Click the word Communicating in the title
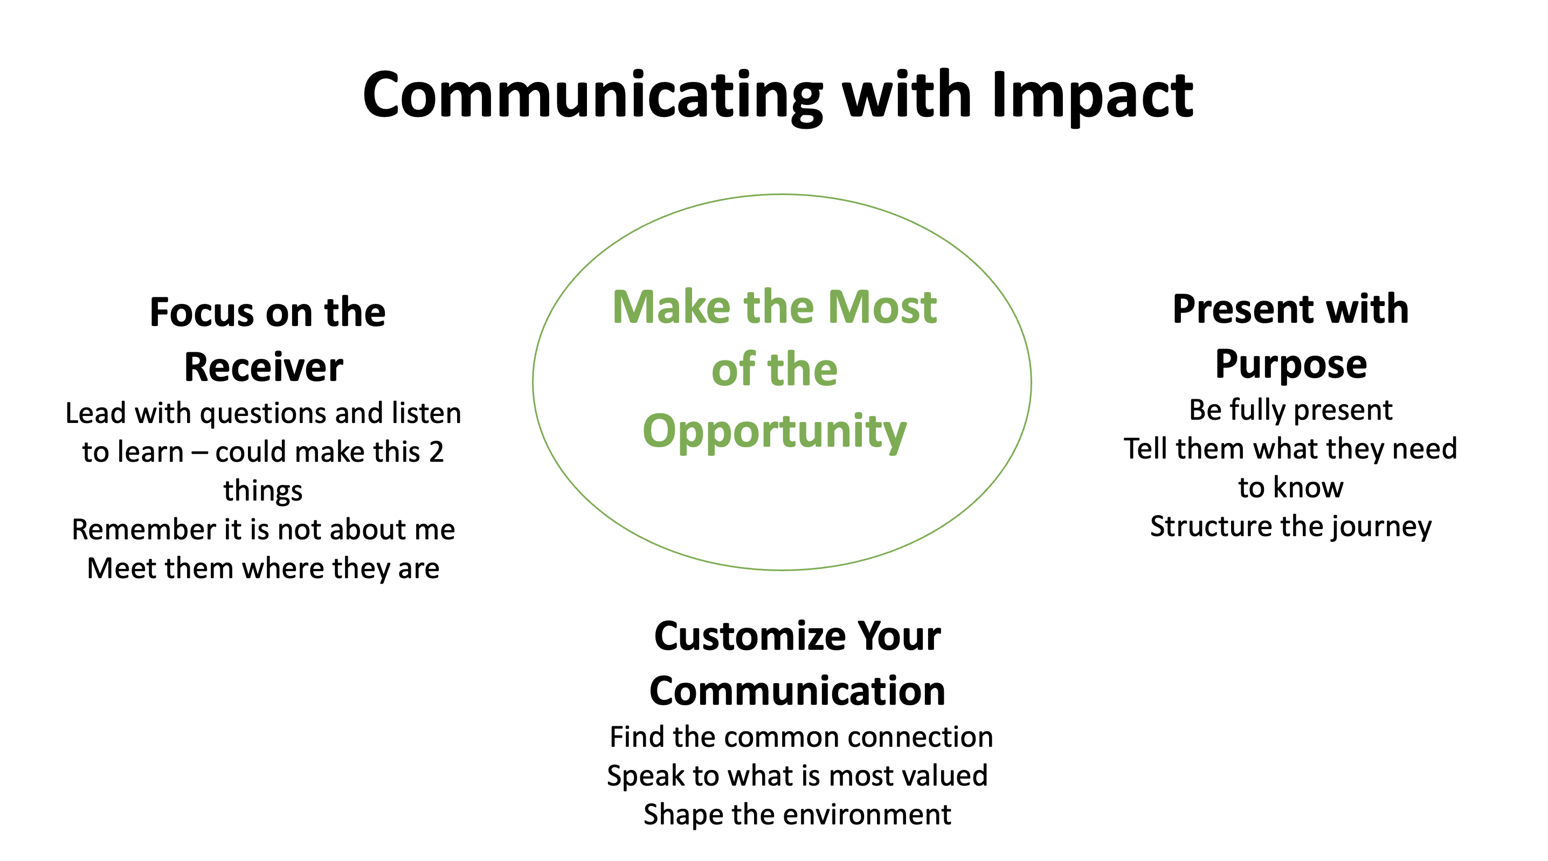pos(592,96)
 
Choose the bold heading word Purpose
pos(1291,365)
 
